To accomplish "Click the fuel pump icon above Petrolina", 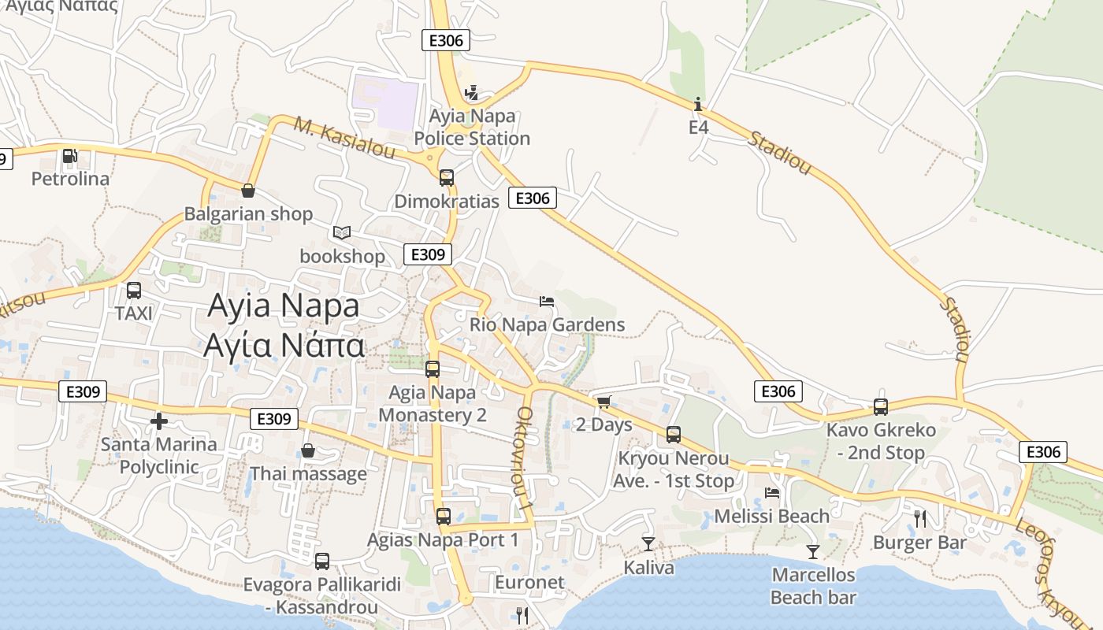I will (x=70, y=156).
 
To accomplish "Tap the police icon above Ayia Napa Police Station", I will (x=472, y=93).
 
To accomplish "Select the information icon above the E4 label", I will (x=698, y=104).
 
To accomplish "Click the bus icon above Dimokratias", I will (x=447, y=178).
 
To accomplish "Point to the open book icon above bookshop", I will (x=341, y=233).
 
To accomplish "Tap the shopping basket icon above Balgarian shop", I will (x=248, y=191).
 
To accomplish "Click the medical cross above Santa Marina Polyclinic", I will (x=159, y=421).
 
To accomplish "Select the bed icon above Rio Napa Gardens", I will (x=547, y=301).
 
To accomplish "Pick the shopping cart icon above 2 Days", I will (x=603, y=402).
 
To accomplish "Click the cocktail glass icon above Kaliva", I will (x=648, y=543).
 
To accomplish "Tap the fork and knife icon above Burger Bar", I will (x=919, y=518).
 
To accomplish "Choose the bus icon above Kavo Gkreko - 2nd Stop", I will (x=881, y=407).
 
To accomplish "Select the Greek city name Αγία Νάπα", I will (x=284, y=345).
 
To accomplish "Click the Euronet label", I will (x=529, y=583).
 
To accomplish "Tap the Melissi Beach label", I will (x=771, y=517).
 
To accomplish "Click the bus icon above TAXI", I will (x=134, y=291).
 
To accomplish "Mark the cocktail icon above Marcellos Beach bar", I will (x=813, y=552).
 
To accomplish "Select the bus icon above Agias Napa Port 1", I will (x=444, y=517).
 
